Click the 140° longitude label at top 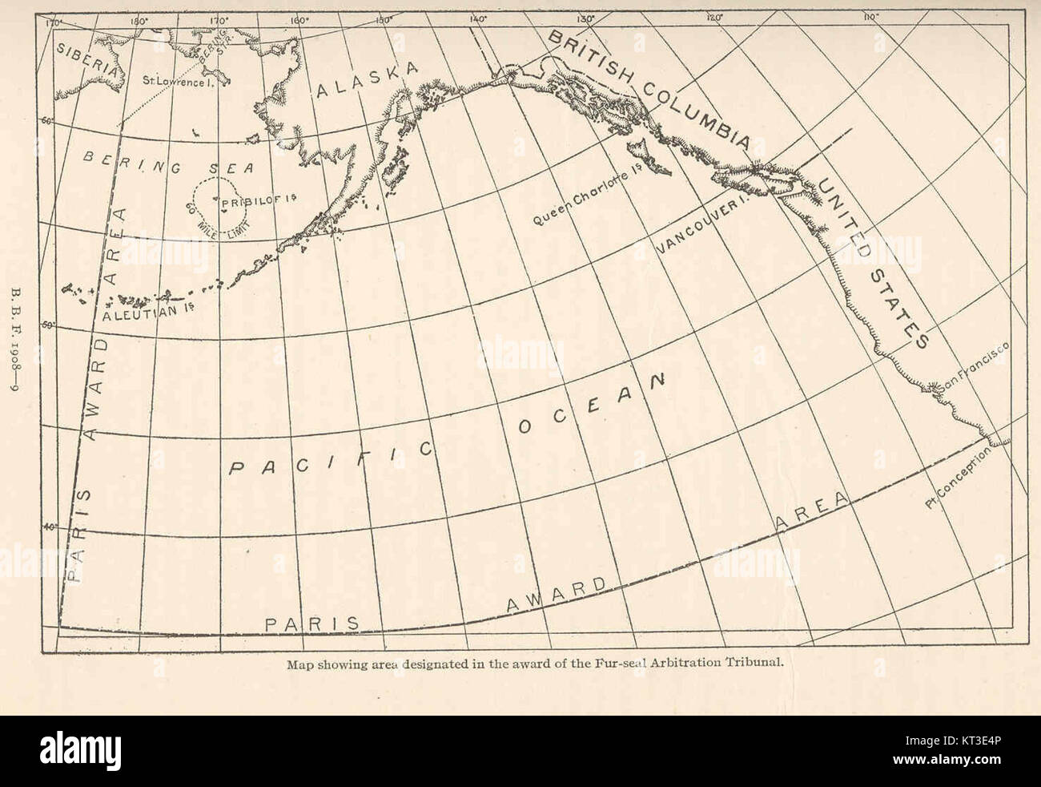click(x=477, y=18)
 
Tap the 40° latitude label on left click(x=49, y=527)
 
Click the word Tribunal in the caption click(x=745, y=663)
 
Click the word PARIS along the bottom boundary click(x=311, y=622)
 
